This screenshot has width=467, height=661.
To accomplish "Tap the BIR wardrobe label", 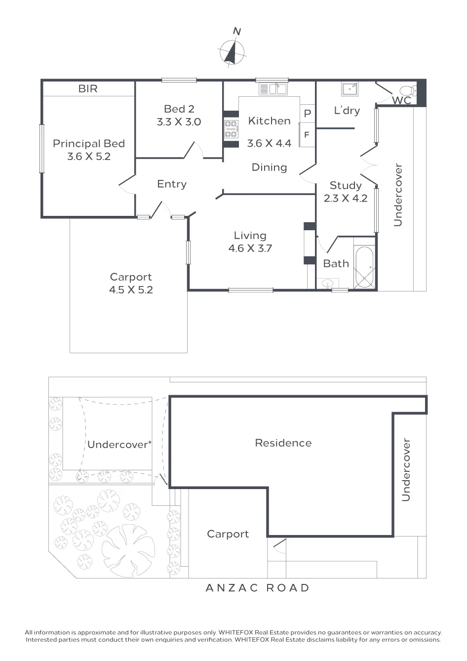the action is pos(88,88).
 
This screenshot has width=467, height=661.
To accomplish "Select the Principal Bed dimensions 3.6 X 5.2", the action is pos(89,157).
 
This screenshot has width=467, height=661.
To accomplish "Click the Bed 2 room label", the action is pos(179,109).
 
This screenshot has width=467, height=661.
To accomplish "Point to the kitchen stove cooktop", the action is pos(231,129).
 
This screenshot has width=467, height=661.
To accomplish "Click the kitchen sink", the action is pos(273,89).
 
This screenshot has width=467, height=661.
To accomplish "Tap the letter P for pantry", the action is pos(308,113).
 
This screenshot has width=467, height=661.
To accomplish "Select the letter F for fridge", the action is pos(307,135).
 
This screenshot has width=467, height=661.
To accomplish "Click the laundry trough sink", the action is pos(350,89).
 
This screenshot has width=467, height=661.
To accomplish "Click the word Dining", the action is pos(269,167).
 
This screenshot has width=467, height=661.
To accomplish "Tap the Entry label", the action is pos(172,184).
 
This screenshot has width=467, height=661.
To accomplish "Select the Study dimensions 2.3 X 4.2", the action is pos(346,198).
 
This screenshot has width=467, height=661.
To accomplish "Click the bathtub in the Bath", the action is pos(364,267).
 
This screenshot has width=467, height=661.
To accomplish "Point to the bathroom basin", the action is pos(328,284).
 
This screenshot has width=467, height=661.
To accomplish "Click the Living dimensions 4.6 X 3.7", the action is pos(250,248).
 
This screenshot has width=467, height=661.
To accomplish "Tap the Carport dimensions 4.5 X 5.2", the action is pos(131,290).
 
